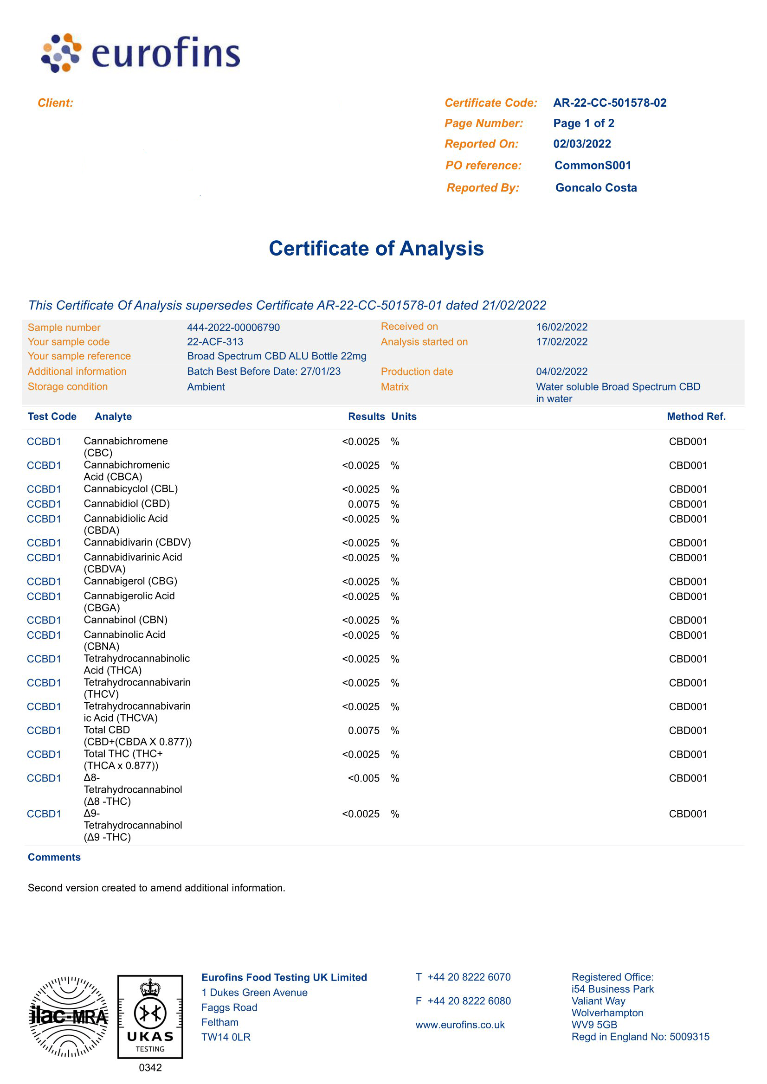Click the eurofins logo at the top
pyautogui.click(x=141, y=53)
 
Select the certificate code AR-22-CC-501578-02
pyautogui.click(x=609, y=103)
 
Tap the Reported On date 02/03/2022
pyautogui.click(x=582, y=143)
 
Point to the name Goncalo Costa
pyautogui.click(x=596, y=188)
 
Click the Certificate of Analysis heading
pyautogui.click(x=376, y=248)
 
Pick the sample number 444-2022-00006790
pyautogui.click(x=233, y=327)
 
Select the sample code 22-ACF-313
pyautogui.click(x=215, y=342)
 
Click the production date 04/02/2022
pyautogui.click(x=561, y=372)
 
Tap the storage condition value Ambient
pyautogui.click(x=206, y=387)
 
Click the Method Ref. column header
pyautogui.click(x=696, y=417)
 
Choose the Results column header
pyautogui.click(x=366, y=417)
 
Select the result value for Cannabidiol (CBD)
pyautogui.click(x=363, y=504)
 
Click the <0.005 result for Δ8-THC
pyautogui.click(x=363, y=778)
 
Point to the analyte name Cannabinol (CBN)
pyautogui.click(x=126, y=620)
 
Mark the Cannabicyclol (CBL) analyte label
pyautogui.click(x=131, y=488)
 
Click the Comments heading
pyautogui.click(x=54, y=857)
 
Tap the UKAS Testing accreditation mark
pyautogui.click(x=150, y=1016)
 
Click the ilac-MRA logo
pyautogui.click(x=69, y=1016)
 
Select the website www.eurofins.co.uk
pyautogui.click(x=460, y=1025)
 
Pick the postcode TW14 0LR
pyautogui.click(x=226, y=1037)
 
